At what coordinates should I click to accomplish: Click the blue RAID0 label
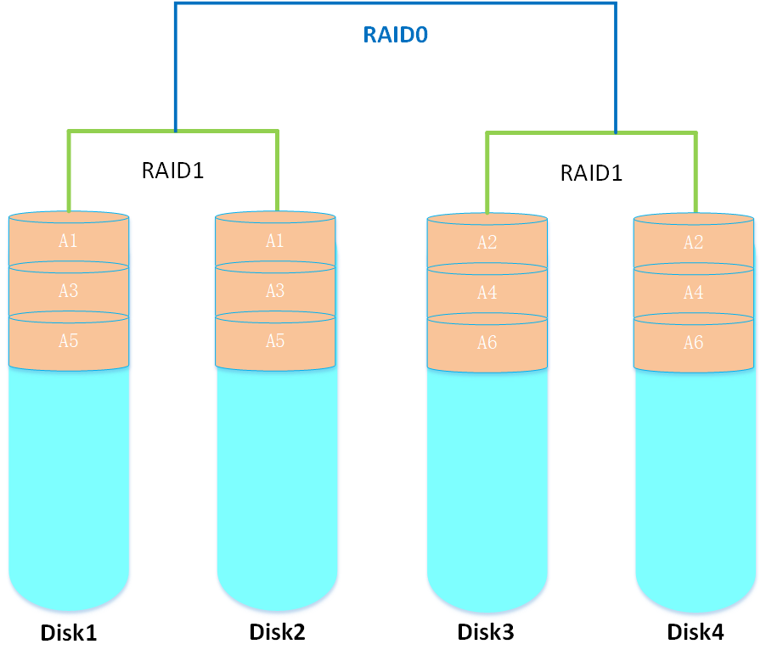(394, 35)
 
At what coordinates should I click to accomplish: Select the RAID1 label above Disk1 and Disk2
(173, 170)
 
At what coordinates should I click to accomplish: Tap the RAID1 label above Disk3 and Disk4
(592, 173)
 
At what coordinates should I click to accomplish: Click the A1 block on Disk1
(69, 241)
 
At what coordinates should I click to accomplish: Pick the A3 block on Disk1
(69, 291)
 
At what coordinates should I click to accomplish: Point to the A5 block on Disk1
(69, 341)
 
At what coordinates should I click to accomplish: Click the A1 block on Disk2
(275, 241)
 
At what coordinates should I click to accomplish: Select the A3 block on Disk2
(275, 291)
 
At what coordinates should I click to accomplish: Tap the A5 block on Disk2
(275, 341)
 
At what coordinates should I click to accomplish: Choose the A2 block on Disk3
(487, 244)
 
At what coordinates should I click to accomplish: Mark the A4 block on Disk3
(487, 294)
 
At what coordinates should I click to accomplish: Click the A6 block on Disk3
(487, 344)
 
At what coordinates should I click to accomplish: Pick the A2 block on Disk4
(694, 244)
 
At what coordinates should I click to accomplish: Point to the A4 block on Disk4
(694, 294)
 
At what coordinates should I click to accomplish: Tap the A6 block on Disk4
(694, 344)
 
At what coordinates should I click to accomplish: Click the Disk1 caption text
(69, 633)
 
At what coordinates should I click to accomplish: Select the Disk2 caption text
(277, 632)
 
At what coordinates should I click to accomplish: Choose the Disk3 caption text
(486, 632)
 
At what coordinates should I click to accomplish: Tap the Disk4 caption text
(696, 632)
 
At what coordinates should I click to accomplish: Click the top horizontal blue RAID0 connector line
(395, 3)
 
